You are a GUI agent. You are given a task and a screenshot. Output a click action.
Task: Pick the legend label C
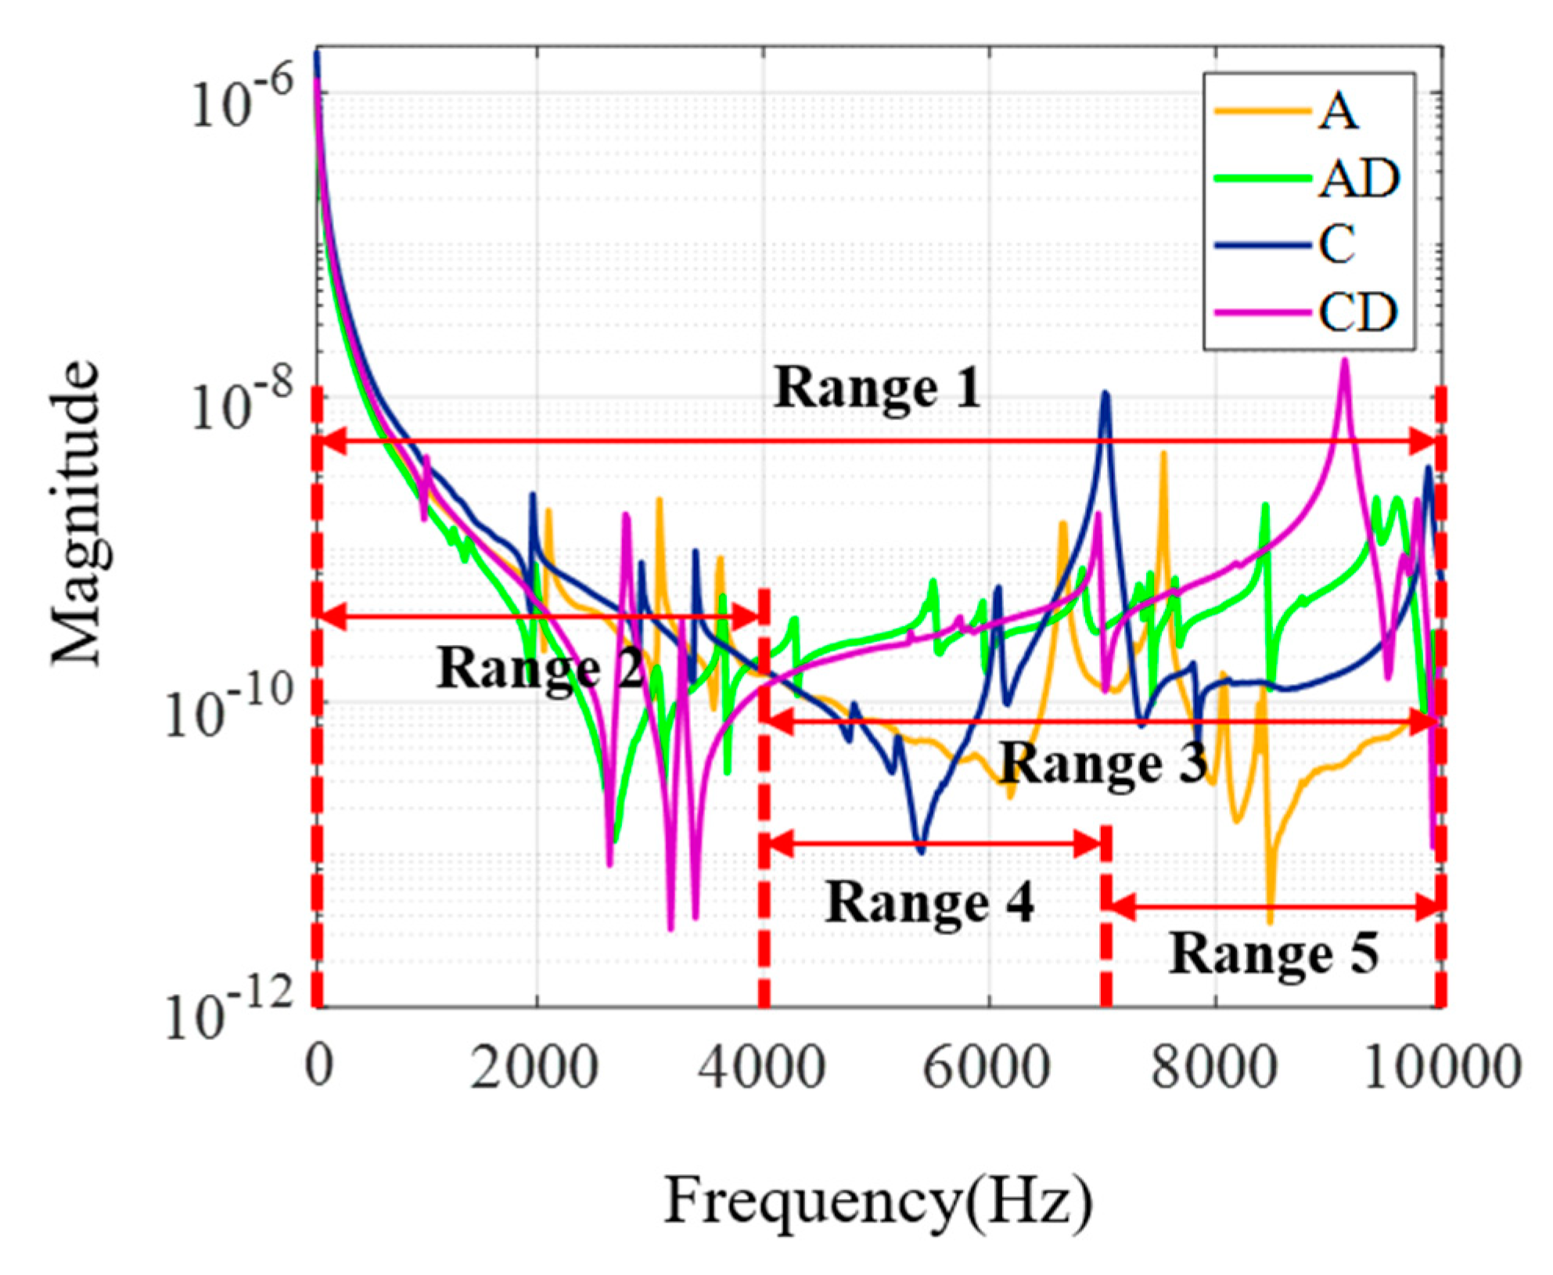coord(1337,245)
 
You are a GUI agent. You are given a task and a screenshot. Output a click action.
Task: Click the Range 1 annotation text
coord(877,387)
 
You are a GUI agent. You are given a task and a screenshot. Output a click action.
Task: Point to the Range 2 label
coord(539,669)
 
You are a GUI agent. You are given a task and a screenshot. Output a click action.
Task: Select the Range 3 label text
coord(1103,763)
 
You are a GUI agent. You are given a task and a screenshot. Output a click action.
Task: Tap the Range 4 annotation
coord(929,902)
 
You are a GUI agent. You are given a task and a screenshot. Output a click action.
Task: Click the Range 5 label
coord(1273,955)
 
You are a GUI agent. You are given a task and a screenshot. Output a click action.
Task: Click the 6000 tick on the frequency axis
coord(987,1066)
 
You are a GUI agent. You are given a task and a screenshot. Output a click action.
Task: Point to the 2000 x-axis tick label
coord(534,1066)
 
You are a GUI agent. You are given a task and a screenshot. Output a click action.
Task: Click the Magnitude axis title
coord(77,513)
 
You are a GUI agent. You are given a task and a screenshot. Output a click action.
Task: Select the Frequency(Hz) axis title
coord(877,1201)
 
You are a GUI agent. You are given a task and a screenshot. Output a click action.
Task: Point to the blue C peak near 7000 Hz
coord(1105,394)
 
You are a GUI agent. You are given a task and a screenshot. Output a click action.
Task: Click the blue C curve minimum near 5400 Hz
coord(922,852)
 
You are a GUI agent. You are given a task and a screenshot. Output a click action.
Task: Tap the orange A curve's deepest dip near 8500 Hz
coord(1270,922)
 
